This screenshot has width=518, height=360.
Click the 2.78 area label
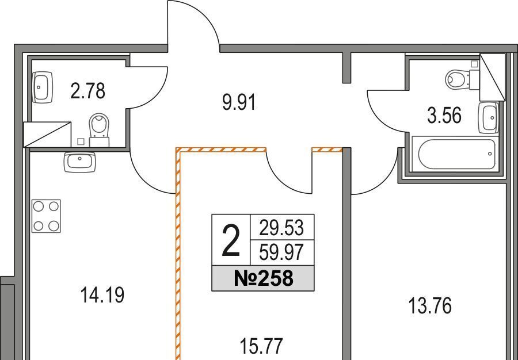pyautogui.click(x=87, y=91)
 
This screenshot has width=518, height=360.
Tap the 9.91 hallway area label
pyautogui.click(x=238, y=103)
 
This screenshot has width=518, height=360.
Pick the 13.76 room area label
pyautogui.click(x=430, y=305)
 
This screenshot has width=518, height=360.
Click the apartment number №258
pyautogui.click(x=264, y=279)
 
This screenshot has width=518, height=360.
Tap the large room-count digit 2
pyautogui.click(x=231, y=242)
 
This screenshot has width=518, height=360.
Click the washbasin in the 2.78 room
pyautogui.click(x=43, y=86)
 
